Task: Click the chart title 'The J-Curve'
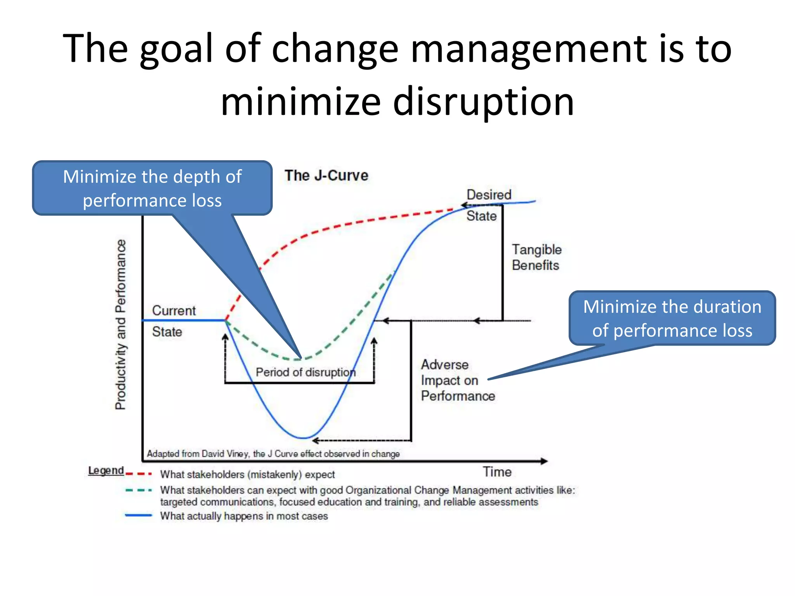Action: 326,176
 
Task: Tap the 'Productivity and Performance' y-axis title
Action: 121,324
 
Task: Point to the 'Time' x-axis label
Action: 497,472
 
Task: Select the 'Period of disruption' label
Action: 306,372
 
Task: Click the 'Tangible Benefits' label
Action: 536,257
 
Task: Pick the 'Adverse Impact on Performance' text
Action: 458,380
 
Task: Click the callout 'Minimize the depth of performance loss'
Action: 152,188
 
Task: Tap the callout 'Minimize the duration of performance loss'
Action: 672,318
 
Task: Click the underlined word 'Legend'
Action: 106,470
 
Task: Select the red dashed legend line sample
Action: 139,474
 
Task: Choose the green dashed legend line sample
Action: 139,490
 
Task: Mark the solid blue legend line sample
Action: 139,515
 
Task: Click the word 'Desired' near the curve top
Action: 489,195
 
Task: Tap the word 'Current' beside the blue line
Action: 174,310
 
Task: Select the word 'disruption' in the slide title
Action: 483,102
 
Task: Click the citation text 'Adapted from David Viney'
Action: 198,454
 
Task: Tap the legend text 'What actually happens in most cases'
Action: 244,516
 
